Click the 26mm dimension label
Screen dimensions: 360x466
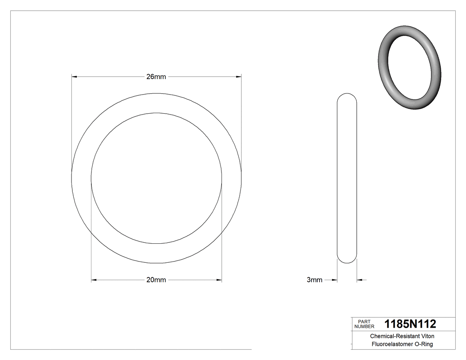click(156, 77)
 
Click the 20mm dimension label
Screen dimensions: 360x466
click(156, 280)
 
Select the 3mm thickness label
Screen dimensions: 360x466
click(314, 280)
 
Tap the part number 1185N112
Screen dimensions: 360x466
click(410, 324)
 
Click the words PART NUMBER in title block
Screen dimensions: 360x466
click(364, 324)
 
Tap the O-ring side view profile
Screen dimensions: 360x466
click(347, 178)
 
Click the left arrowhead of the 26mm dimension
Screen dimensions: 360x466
click(75, 77)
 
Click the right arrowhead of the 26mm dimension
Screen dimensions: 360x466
click(239, 77)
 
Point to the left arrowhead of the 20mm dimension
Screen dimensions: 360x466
click(94, 280)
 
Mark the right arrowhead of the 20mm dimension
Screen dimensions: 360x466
click(219, 280)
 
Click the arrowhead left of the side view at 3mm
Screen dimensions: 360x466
click(335, 280)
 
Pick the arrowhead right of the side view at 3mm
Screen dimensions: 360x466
click(359, 280)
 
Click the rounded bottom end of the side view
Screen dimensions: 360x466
click(347, 259)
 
